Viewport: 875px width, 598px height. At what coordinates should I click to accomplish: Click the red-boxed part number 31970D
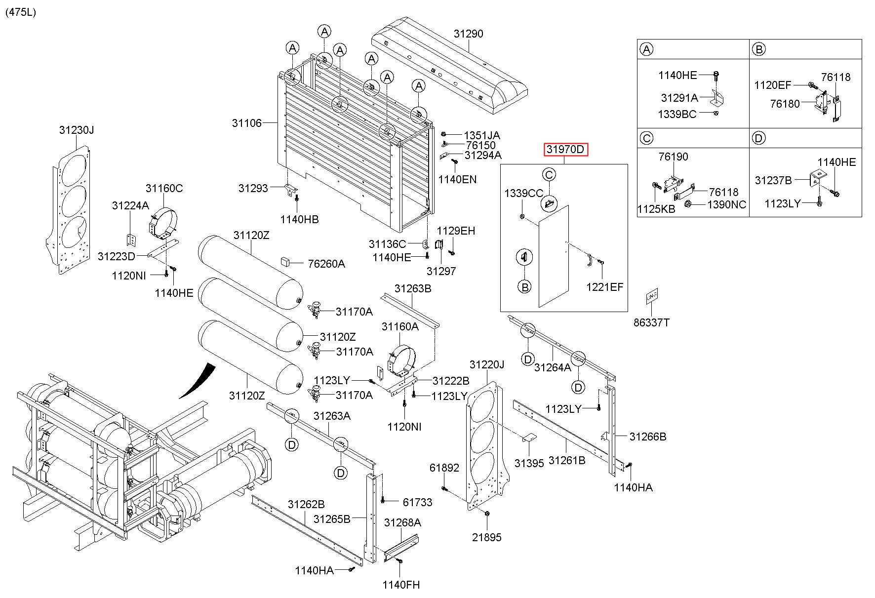click(566, 149)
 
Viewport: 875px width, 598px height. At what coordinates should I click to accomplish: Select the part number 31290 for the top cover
click(469, 34)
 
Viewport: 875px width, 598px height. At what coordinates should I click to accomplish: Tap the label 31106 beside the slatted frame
click(247, 122)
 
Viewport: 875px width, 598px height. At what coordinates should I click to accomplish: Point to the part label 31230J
click(77, 130)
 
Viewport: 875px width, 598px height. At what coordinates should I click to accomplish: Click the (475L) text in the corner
click(21, 12)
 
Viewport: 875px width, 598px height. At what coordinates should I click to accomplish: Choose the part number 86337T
click(652, 322)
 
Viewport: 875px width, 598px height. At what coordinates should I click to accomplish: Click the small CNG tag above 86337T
click(652, 296)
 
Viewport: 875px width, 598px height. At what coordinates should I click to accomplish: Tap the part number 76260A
click(326, 264)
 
